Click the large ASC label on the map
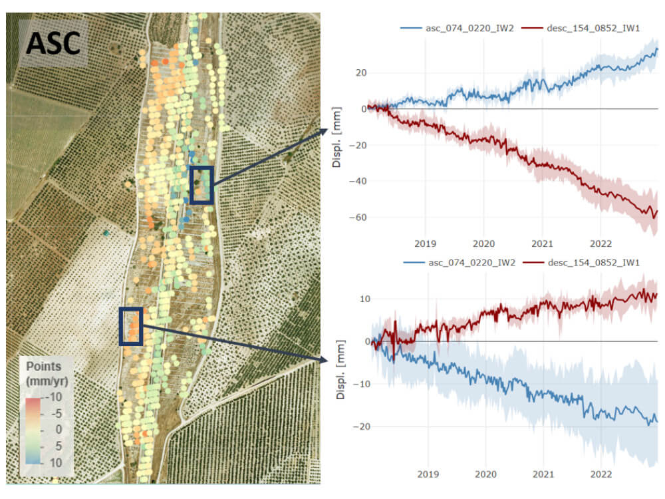tap(53, 43)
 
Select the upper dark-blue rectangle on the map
tap(201, 185)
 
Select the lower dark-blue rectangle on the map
tap(131, 326)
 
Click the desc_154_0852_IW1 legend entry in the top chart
tap(584, 29)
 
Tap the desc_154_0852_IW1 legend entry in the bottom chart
tap(584, 262)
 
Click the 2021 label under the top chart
tap(543, 243)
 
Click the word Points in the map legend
tap(43, 367)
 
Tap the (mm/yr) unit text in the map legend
tap(46, 381)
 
